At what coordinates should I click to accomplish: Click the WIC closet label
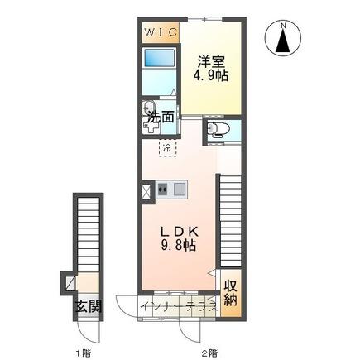tap(161, 33)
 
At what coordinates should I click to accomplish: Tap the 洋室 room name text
tap(211, 61)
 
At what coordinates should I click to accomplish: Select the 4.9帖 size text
tap(211, 75)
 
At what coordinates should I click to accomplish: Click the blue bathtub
tap(160, 58)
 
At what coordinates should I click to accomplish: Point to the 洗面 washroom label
tap(161, 118)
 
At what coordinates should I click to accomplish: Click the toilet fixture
tap(218, 130)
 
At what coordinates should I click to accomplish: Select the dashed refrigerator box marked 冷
tap(167, 148)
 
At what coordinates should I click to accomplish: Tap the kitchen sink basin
tap(179, 189)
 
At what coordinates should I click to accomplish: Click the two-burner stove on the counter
tap(162, 190)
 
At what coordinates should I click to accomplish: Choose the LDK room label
tap(180, 232)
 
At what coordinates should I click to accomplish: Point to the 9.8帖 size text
tap(179, 245)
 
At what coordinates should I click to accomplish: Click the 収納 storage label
tap(231, 293)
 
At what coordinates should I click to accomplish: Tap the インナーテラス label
tap(179, 307)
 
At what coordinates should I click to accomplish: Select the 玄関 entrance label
tap(89, 306)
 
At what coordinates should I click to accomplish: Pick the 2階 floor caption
tap(208, 353)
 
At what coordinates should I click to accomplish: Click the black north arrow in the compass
tap(283, 41)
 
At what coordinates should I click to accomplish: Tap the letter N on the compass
tap(283, 26)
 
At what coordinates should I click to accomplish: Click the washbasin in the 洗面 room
tap(149, 108)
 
